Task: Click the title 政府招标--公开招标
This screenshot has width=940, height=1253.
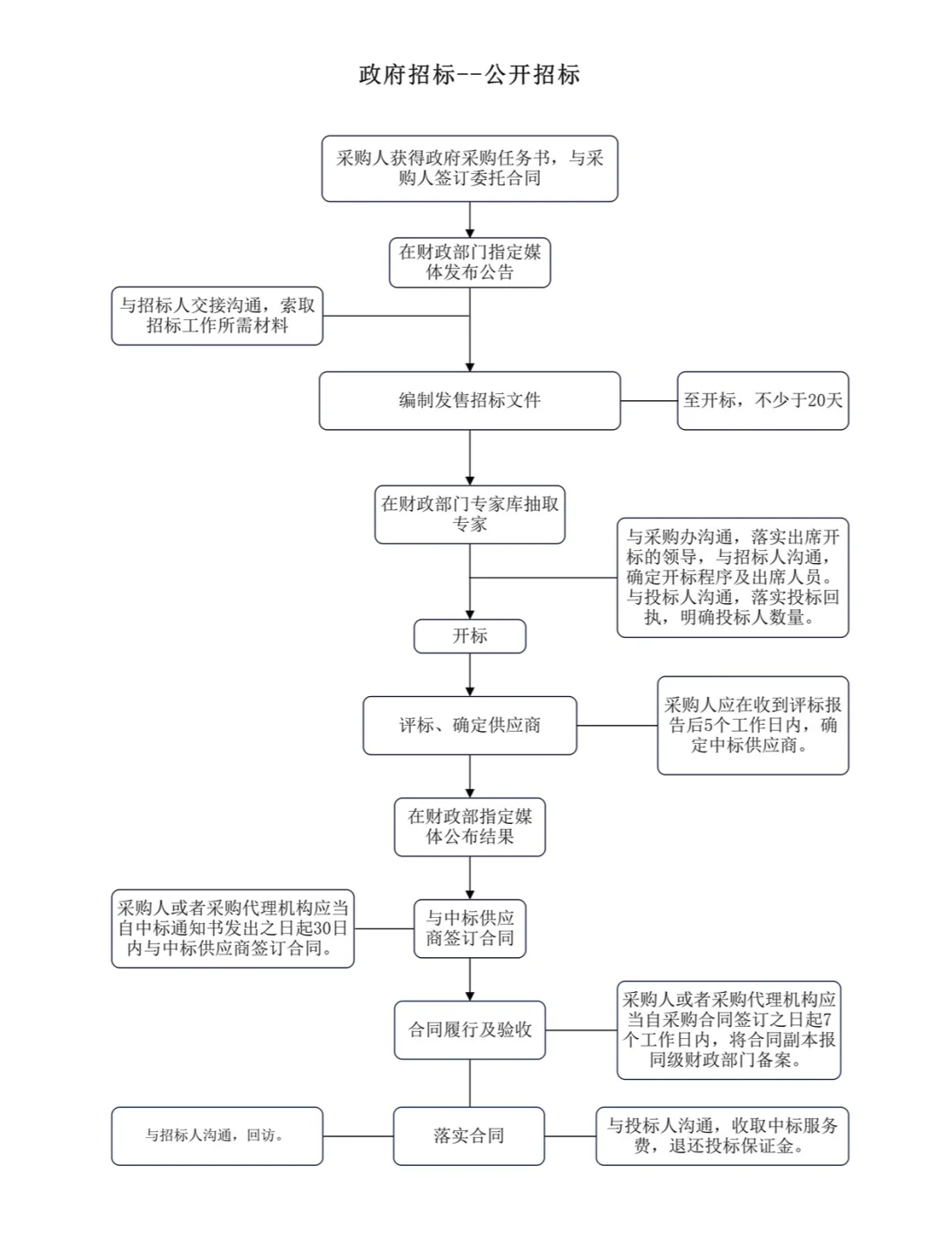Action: [469, 75]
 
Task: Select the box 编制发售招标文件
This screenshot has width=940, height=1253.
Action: [469, 400]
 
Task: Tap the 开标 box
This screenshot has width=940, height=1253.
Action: [469, 636]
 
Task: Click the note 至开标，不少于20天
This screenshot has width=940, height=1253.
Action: [762, 400]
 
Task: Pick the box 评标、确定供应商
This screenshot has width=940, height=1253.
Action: [469, 725]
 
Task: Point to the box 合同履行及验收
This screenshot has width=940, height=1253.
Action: [469, 1029]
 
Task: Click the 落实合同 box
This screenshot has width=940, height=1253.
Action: [469, 1136]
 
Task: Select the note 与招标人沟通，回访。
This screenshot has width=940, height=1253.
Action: [217, 1136]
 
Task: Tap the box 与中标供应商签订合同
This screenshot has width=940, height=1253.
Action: [469, 928]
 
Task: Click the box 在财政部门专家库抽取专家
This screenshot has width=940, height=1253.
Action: [469, 514]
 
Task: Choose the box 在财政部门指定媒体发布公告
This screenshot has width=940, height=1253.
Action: [469, 262]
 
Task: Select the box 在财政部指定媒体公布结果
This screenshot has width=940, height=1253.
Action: [469, 827]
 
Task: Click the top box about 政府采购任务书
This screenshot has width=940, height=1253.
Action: [469, 168]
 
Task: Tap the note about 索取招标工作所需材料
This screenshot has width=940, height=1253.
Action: [217, 316]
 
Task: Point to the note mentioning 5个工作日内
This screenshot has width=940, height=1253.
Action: [752, 725]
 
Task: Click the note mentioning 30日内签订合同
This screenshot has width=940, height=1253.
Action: [232, 928]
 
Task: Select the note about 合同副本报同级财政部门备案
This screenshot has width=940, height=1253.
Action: [728, 1029]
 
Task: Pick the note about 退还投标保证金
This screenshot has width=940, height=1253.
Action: [722, 1136]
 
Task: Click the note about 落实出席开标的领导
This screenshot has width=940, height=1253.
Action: [732, 578]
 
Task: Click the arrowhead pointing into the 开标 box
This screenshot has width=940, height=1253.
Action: [470, 614]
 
